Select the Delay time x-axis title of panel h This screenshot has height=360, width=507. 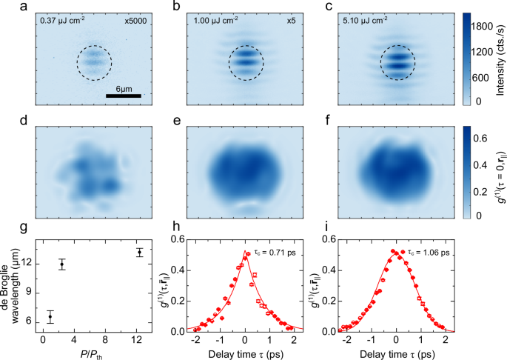point(246,353)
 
